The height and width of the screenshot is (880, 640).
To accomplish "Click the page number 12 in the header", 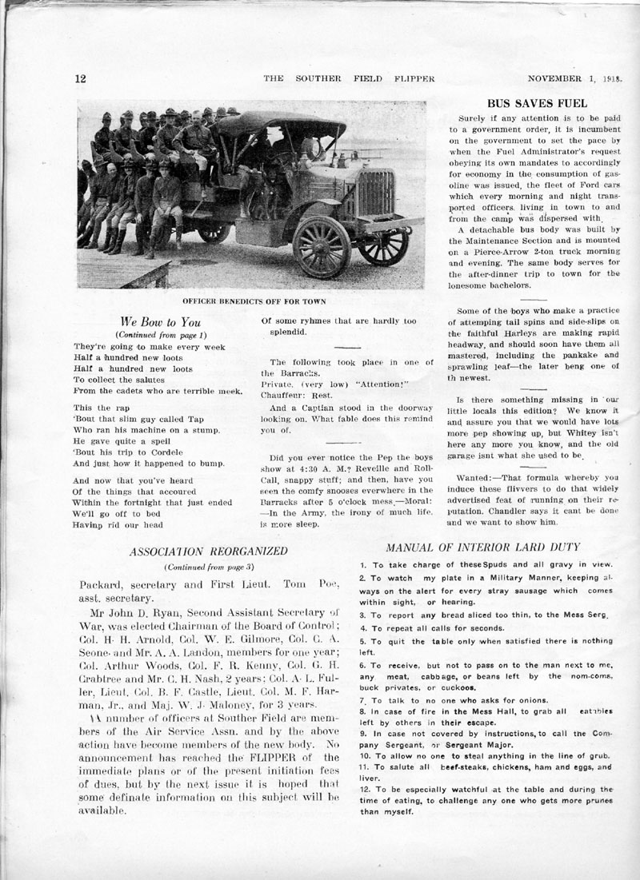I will (80, 78).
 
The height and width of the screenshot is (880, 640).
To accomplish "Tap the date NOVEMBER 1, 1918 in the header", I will (575, 78).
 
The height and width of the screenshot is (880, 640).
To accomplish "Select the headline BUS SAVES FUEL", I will (538, 103).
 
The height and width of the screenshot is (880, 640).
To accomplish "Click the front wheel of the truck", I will (322, 247).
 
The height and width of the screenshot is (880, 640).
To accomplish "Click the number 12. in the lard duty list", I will (367, 789).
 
